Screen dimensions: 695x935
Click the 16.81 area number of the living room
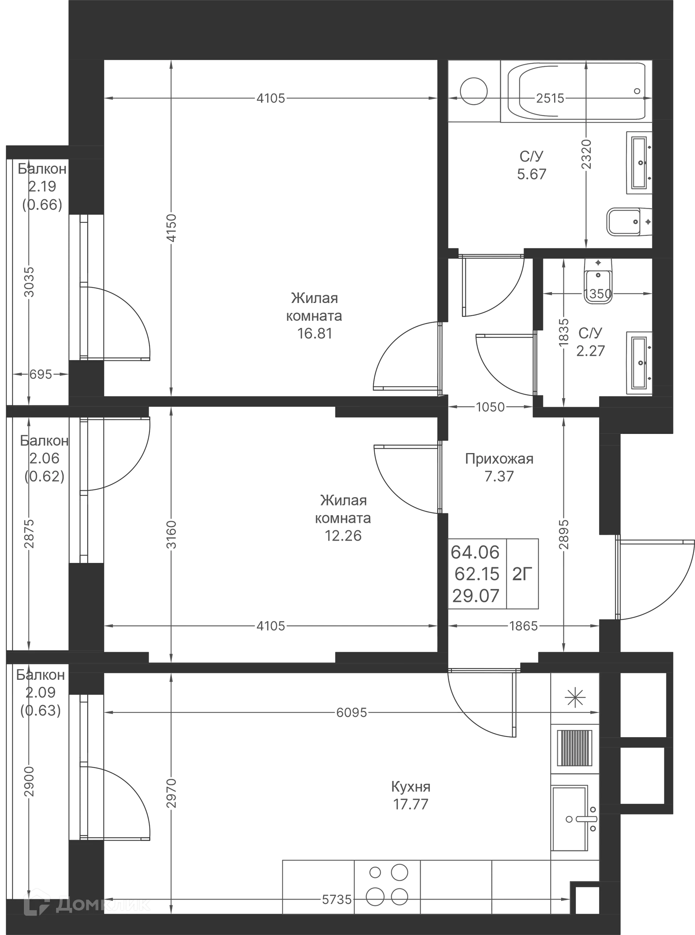click(x=315, y=333)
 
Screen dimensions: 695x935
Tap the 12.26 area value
click(x=343, y=535)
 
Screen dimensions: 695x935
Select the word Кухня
click(x=410, y=786)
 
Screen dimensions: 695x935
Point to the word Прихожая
click(x=499, y=458)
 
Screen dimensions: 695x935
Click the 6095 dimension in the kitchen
click(x=352, y=712)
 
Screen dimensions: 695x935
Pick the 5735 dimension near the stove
click(x=337, y=899)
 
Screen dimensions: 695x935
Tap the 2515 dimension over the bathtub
click(x=550, y=98)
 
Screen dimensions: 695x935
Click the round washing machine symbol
click(x=474, y=91)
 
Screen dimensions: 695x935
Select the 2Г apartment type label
click(x=522, y=573)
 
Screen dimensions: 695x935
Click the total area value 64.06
click(x=475, y=552)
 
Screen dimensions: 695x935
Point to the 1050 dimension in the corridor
click(x=490, y=407)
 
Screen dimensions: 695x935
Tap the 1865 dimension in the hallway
click(x=523, y=626)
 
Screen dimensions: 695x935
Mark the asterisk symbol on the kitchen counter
click(x=575, y=698)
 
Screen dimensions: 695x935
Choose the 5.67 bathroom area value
click(x=532, y=174)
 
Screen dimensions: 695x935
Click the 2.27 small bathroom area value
click(x=590, y=350)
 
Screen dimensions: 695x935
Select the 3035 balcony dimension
click(x=29, y=282)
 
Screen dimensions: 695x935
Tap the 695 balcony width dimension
click(x=41, y=373)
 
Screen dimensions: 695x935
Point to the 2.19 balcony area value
click(x=42, y=186)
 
